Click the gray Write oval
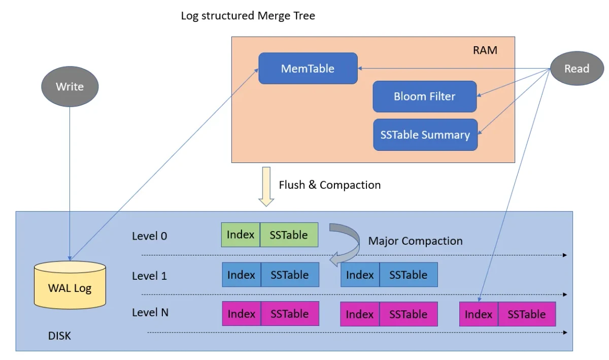pos(70,86)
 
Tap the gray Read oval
pos(577,69)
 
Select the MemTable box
pos(308,69)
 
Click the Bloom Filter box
pos(424,96)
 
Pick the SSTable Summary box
pos(425,135)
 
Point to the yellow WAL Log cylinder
pos(70,286)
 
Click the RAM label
pos(485,50)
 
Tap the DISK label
pos(59,336)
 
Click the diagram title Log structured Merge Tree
pos(248,16)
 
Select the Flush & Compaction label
pos(329,185)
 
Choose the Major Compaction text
pos(415,241)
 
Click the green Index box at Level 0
pos(241,235)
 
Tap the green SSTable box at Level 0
pos(289,235)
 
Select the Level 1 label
pos(149,276)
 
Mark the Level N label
pos(150,312)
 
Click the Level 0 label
pos(149,236)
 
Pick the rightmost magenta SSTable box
pos(527,314)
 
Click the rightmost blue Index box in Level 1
pos(360,275)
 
